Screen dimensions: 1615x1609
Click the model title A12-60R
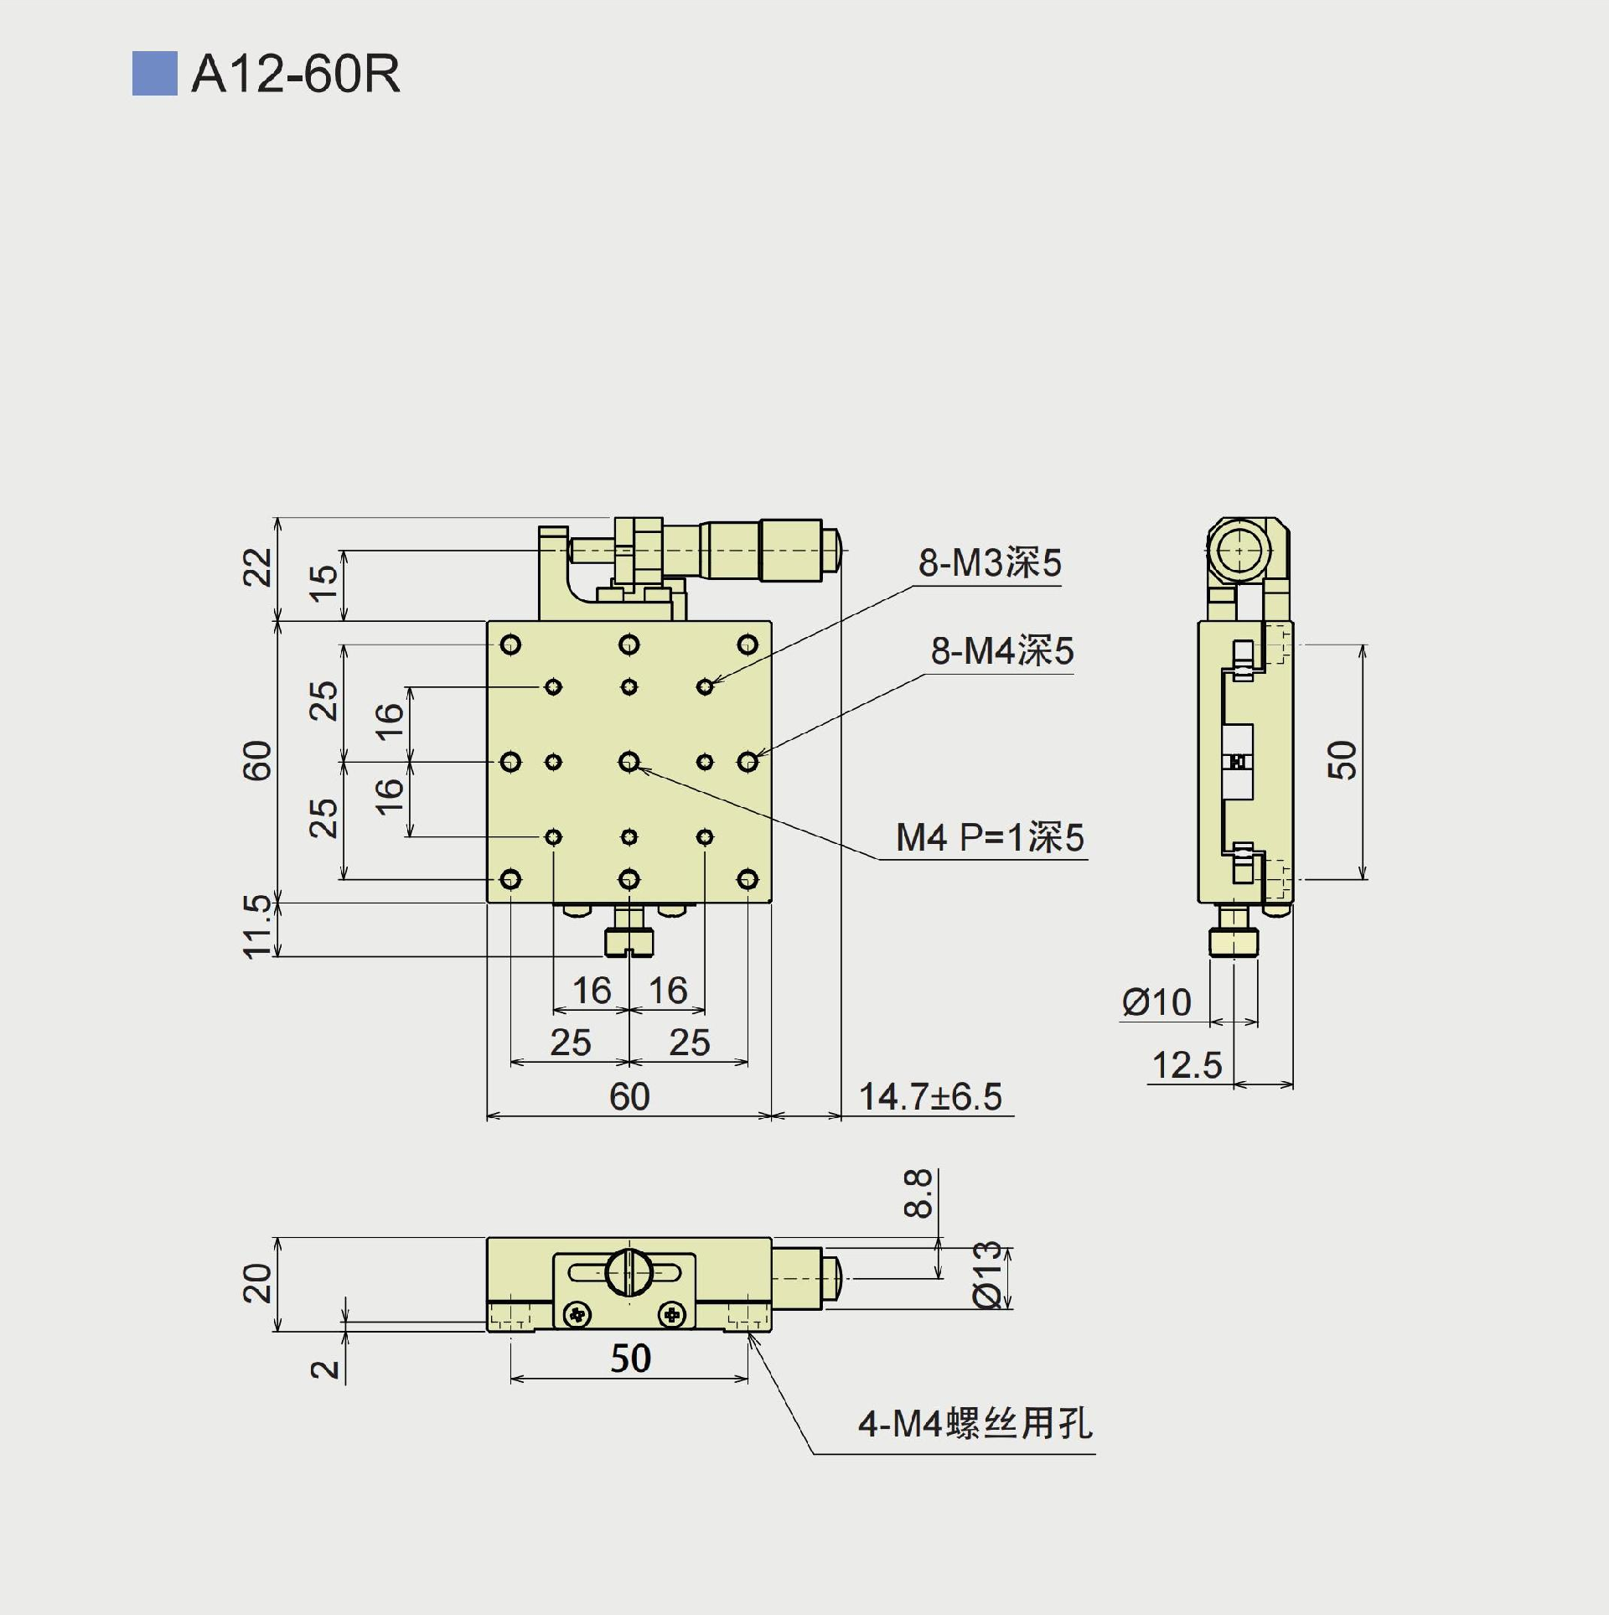pyautogui.click(x=295, y=74)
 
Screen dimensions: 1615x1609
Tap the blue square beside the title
pyautogui.click(x=154, y=74)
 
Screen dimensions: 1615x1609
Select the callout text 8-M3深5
pyautogui.click(x=989, y=562)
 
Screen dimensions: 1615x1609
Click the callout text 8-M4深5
pyautogui.click(x=1001, y=650)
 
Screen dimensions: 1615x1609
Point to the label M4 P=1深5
pyautogui.click(x=990, y=837)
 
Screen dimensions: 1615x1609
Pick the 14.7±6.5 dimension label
pyautogui.click(x=930, y=1096)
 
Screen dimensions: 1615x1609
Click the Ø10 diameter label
pyautogui.click(x=1156, y=1002)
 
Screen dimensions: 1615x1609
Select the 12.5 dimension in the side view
pyautogui.click(x=1187, y=1065)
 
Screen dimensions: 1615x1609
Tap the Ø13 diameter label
pyautogui.click(x=988, y=1274)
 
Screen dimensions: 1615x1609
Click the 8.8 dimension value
pyautogui.click(x=918, y=1193)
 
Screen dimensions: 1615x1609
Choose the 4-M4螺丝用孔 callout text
pyautogui.click(x=975, y=1424)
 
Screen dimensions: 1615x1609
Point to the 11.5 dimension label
pyautogui.click(x=257, y=926)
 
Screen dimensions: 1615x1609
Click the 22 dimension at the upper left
pyautogui.click(x=257, y=567)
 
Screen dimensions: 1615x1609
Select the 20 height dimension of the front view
pyautogui.click(x=257, y=1283)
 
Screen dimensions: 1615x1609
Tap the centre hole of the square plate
pyautogui.click(x=629, y=762)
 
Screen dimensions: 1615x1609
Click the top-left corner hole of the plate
pyautogui.click(x=510, y=644)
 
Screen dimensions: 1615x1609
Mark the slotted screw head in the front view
pyautogui.click(x=629, y=1271)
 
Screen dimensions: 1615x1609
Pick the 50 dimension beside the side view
pyautogui.click(x=1342, y=760)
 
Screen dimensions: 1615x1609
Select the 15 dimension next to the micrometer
pyautogui.click(x=323, y=583)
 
